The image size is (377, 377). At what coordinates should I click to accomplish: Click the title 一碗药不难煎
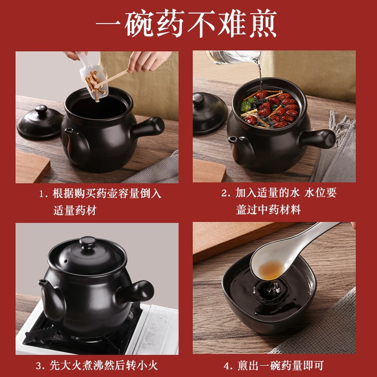186,24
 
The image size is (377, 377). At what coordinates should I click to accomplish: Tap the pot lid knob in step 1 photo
41,110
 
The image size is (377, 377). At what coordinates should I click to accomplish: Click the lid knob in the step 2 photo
199,99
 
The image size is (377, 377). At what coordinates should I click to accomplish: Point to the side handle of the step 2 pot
318,138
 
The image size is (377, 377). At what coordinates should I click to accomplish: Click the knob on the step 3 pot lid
88,242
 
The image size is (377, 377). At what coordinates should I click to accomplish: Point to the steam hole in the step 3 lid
65,261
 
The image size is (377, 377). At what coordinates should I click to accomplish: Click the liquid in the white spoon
271,270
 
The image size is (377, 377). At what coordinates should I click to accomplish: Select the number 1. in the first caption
44,194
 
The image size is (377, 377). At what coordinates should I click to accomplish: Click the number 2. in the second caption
226,193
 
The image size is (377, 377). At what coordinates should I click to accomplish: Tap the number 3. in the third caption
41,366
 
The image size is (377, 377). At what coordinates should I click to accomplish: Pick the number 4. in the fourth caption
228,366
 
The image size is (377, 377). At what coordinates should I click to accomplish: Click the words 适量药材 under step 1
75,210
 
